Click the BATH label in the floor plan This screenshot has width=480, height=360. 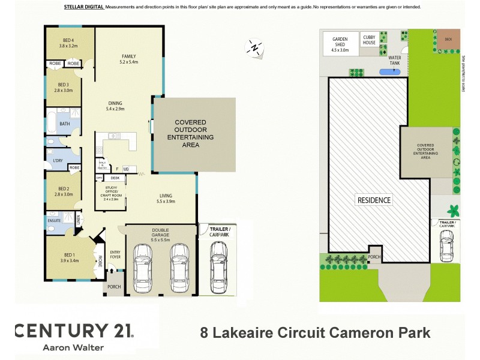click(x=64, y=124)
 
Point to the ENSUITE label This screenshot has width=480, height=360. click(x=53, y=220)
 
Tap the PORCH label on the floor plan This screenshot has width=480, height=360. click(x=113, y=287)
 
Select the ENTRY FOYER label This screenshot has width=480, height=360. click(x=115, y=254)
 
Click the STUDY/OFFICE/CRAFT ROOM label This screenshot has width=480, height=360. click(x=111, y=194)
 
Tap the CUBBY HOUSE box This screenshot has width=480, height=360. click(x=369, y=40)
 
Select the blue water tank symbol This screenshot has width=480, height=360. click(x=391, y=72)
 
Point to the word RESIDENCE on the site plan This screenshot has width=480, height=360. click(x=374, y=200)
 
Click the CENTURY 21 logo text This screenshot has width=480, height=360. click(x=73, y=331)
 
